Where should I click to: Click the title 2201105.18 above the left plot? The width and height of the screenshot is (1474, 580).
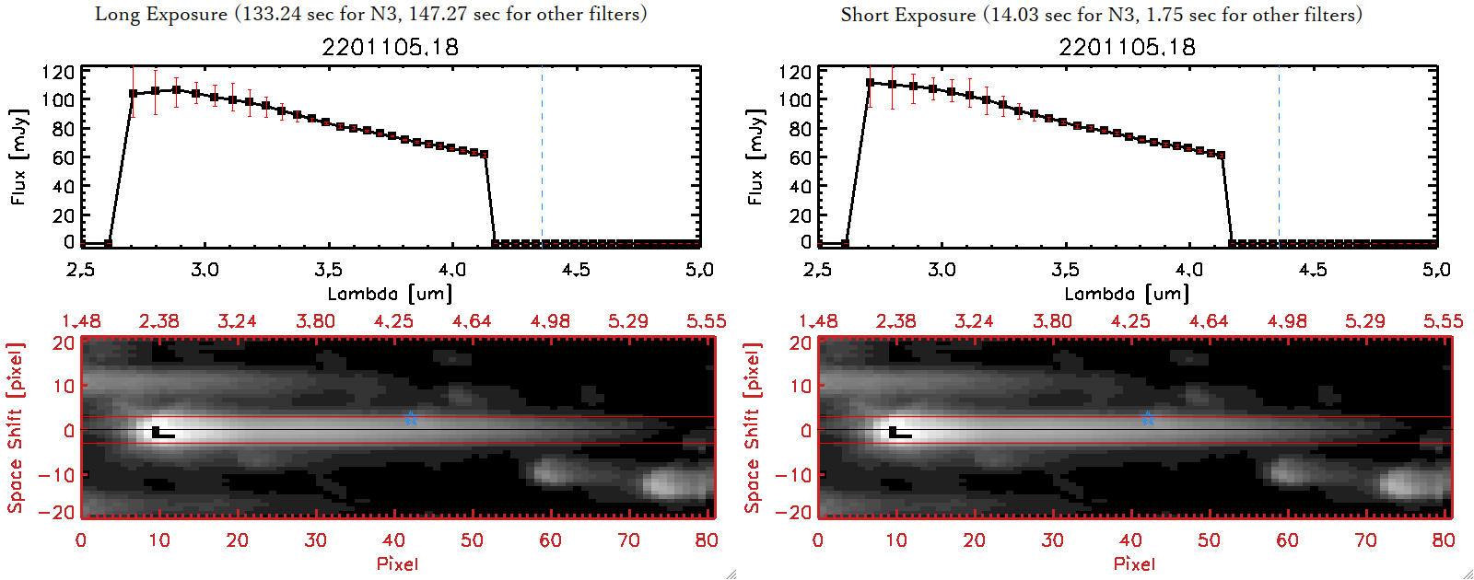pos(390,47)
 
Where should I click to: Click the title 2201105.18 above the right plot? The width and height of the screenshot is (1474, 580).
pos(1127,47)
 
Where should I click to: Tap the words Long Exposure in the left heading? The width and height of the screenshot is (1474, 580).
pos(161,14)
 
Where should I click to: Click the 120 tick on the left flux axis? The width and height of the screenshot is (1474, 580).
pos(58,72)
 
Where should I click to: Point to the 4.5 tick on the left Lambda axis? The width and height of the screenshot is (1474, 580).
pos(576,270)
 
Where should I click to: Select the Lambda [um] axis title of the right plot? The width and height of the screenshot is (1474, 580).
pos(1127,294)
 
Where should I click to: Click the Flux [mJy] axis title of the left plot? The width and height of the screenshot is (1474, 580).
pos(19,157)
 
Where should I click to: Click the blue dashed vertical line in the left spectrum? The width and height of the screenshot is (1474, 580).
pos(542,157)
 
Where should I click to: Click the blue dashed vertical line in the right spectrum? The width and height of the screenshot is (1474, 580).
pos(1279,157)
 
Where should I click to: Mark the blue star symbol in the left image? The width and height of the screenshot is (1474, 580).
pos(411,420)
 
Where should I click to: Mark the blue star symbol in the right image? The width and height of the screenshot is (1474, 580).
pos(1148,420)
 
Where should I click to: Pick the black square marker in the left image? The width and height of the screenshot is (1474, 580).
pos(156,431)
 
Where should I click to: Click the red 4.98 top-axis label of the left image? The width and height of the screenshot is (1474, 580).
pos(550,321)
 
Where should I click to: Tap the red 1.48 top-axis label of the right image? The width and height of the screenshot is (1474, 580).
pos(818,321)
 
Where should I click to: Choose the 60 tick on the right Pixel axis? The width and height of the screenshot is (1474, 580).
pos(1287,540)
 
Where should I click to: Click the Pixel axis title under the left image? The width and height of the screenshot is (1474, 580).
pos(397,563)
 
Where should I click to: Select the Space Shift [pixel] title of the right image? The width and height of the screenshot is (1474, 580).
pos(753,427)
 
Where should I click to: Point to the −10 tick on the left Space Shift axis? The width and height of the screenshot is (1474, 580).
pos(56,474)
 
